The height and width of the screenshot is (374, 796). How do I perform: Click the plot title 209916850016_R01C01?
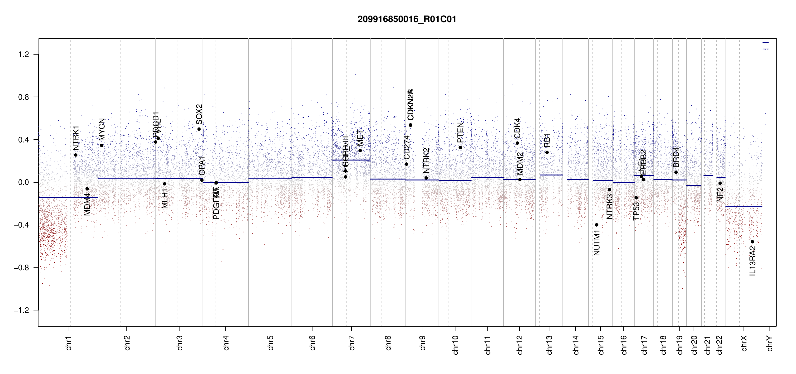(x=407, y=19)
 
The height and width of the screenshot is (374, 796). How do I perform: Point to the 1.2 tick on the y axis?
(x=23, y=55)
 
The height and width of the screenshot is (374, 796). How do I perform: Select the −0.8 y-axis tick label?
(x=22, y=268)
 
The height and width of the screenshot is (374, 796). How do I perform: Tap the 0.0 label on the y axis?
(x=23, y=182)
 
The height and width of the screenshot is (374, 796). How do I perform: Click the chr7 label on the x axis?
(x=352, y=343)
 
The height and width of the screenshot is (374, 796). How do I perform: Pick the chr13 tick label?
(x=549, y=345)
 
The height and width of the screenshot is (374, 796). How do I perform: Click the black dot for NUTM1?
(x=597, y=225)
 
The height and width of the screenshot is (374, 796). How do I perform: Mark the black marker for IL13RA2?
(x=752, y=242)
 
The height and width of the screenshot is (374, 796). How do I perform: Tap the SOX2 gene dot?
(x=199, y=129)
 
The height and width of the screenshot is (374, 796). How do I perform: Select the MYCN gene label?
(x=102, y=129)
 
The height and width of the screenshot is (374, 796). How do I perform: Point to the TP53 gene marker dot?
(x=636, y=198)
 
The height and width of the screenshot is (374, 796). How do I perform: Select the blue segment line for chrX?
(x=744, y=206)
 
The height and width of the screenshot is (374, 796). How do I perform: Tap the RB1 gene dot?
(x=547, y=152)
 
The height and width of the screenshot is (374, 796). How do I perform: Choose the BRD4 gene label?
(x=676, y=157)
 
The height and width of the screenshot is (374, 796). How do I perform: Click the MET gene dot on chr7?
(x=360, y=151)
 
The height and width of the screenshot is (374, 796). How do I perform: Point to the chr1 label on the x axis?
(x=68, y=343)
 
